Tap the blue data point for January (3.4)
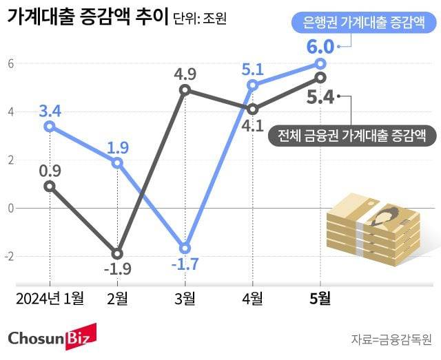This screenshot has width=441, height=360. (49, 126)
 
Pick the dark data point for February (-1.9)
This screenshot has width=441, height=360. (117, 253)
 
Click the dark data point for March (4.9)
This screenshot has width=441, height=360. (185, 90)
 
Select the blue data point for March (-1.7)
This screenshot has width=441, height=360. (185, 248)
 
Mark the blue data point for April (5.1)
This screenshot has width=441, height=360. (253, 85)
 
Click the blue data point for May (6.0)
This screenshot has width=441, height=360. (320, 63)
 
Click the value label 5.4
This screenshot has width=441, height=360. (320, 98)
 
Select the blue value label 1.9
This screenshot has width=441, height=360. (117, 147)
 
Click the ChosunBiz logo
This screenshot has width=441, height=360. (52, 337)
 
